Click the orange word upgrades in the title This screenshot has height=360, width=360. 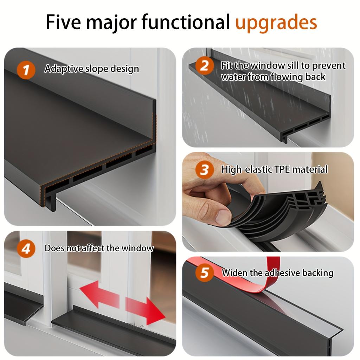(276, 22)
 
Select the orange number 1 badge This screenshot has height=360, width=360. (26, 69)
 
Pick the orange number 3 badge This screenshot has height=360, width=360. (204, 170)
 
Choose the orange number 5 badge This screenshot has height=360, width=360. (204, 273)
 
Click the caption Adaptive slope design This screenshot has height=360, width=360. (91, 69)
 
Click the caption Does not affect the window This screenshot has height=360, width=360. (99, 248)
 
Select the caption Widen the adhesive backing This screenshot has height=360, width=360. (277, 273)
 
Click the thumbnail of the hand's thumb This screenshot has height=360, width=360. (223, 217)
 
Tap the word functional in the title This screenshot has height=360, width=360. (186, 22)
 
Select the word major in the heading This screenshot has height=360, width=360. (111, 22)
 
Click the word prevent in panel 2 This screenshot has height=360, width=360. (329, 65)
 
